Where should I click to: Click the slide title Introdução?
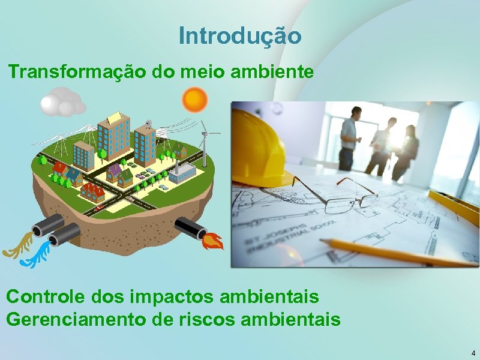(240, 36)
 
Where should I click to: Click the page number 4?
(473, 353)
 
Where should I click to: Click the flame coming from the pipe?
(214, 242)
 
